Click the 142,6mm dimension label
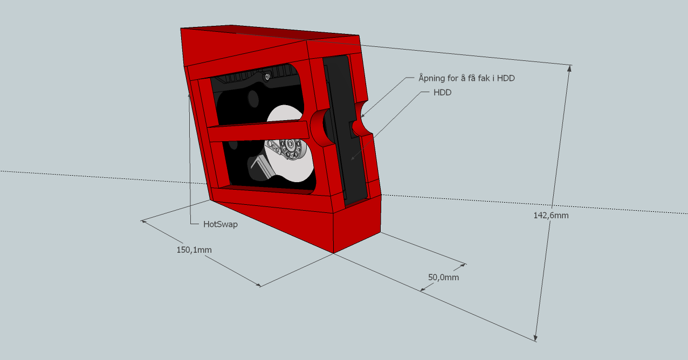(x=551, y=216)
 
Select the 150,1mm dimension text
(x=194, y=250)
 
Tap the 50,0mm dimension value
(x=444, y=278)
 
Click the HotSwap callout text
(x=220, y=224)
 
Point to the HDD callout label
(x=442, y=92)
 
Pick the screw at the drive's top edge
(x=267, y=77)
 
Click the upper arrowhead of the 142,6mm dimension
(x=569, y=68)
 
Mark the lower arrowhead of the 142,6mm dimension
(x=535, y=337)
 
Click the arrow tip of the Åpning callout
(x=361, y=116)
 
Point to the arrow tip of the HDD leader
(x=352, y=159)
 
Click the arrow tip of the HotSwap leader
(x=189, y=94)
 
